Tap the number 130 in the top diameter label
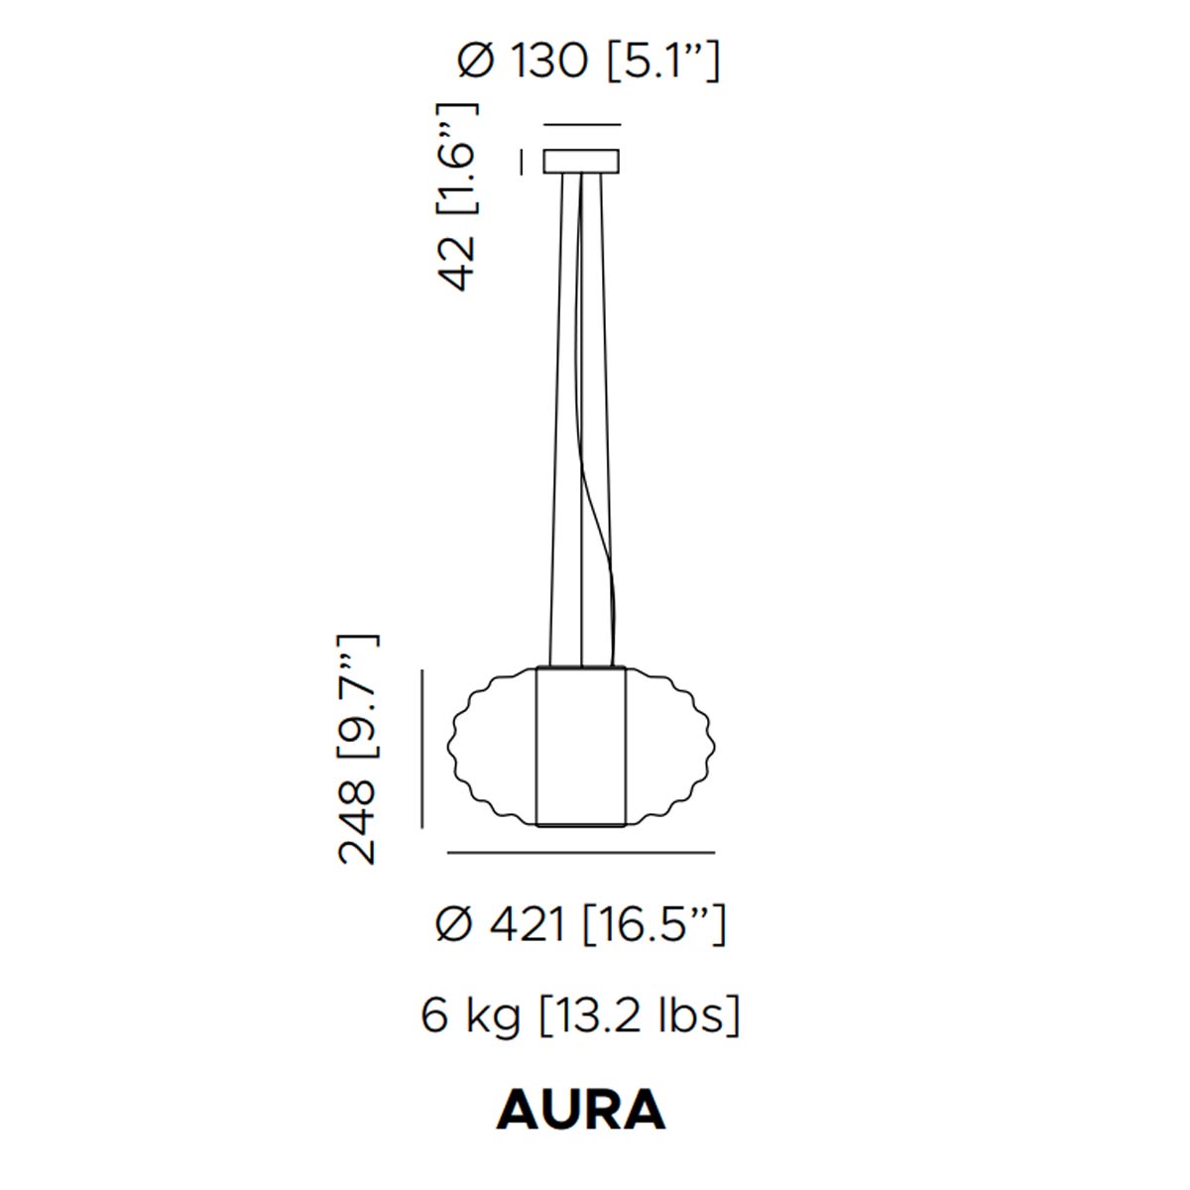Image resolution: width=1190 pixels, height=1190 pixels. coord(549,61)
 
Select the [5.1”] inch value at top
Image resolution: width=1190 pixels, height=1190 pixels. coord(663,62)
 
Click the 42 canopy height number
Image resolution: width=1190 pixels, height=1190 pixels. coord(457,264)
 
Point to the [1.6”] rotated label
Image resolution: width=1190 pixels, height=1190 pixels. coord(457,159)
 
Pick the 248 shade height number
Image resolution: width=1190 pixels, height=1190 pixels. coord(357,822)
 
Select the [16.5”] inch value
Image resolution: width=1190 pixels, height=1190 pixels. coord(654,925)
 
